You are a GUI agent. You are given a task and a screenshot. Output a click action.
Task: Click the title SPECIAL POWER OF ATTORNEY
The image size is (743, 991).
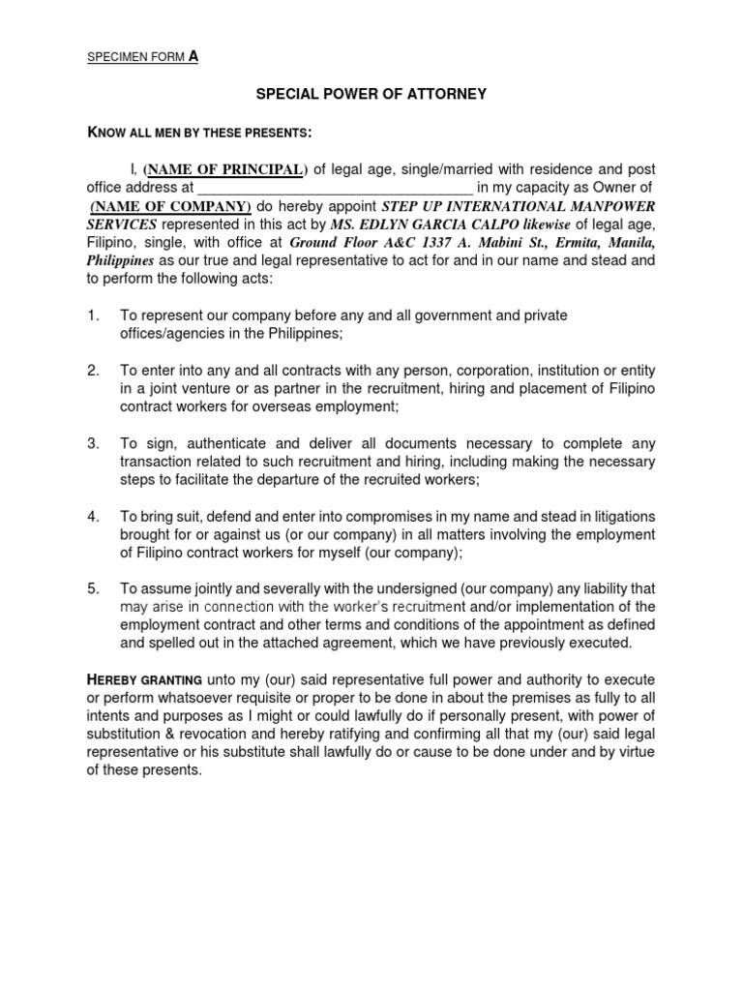(x=371, y=94)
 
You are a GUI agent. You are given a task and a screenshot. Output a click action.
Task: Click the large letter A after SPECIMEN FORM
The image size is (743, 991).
(x=193, y=56)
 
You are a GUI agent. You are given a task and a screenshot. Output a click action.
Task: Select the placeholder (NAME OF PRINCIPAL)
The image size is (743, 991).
(x=223, y=170)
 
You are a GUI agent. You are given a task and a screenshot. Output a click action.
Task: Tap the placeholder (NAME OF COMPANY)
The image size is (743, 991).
(x=171, y=207)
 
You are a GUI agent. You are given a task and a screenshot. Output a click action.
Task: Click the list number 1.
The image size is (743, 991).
(x=92, y=315)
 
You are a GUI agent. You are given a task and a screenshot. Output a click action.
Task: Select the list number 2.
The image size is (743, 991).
(x=93, y=371)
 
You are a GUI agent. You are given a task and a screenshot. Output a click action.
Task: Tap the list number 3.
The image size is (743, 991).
(x=93, y=444)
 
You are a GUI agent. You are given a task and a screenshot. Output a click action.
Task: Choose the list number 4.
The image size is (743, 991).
(x=93, y=517)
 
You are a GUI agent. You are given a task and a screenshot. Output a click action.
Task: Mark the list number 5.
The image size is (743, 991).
(x=93, y=588)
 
